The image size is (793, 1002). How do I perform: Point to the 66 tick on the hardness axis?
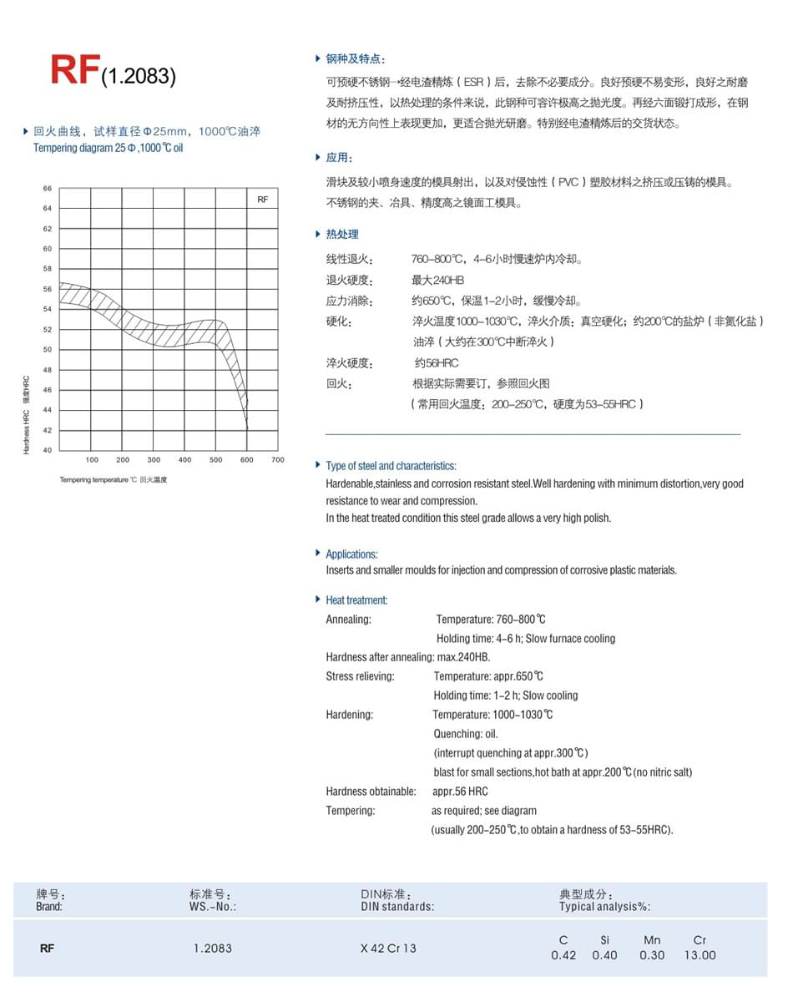click(x=48, y=189)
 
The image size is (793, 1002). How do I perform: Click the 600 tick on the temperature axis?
click(x=247, y=460)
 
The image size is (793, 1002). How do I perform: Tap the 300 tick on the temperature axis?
click(x=154, y=460)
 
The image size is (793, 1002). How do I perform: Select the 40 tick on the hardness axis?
click(x=48, y=450)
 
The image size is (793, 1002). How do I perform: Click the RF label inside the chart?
click(x=262, y=200)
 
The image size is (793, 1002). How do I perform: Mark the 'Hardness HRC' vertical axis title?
click(x=27, y=414)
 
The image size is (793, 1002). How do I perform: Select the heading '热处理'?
click(x=342, y=235)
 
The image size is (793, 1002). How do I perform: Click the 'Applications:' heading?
click(x=351, y=554)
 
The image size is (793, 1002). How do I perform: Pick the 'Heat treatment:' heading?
click(x=356, y=600)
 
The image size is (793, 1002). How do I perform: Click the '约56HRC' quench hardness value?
click(x=437, y=363)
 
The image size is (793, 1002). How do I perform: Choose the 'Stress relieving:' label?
click(x=360, y=676)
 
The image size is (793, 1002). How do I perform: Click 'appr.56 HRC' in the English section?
click(x=460, y=792)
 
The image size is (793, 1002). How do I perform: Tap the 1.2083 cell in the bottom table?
click(x=212, y=949)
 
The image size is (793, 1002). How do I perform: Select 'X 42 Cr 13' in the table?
click(x=388, y=949)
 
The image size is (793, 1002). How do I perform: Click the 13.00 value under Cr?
click(x=700, y=955)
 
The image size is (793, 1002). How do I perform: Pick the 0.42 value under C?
click(x=563, y=955)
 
